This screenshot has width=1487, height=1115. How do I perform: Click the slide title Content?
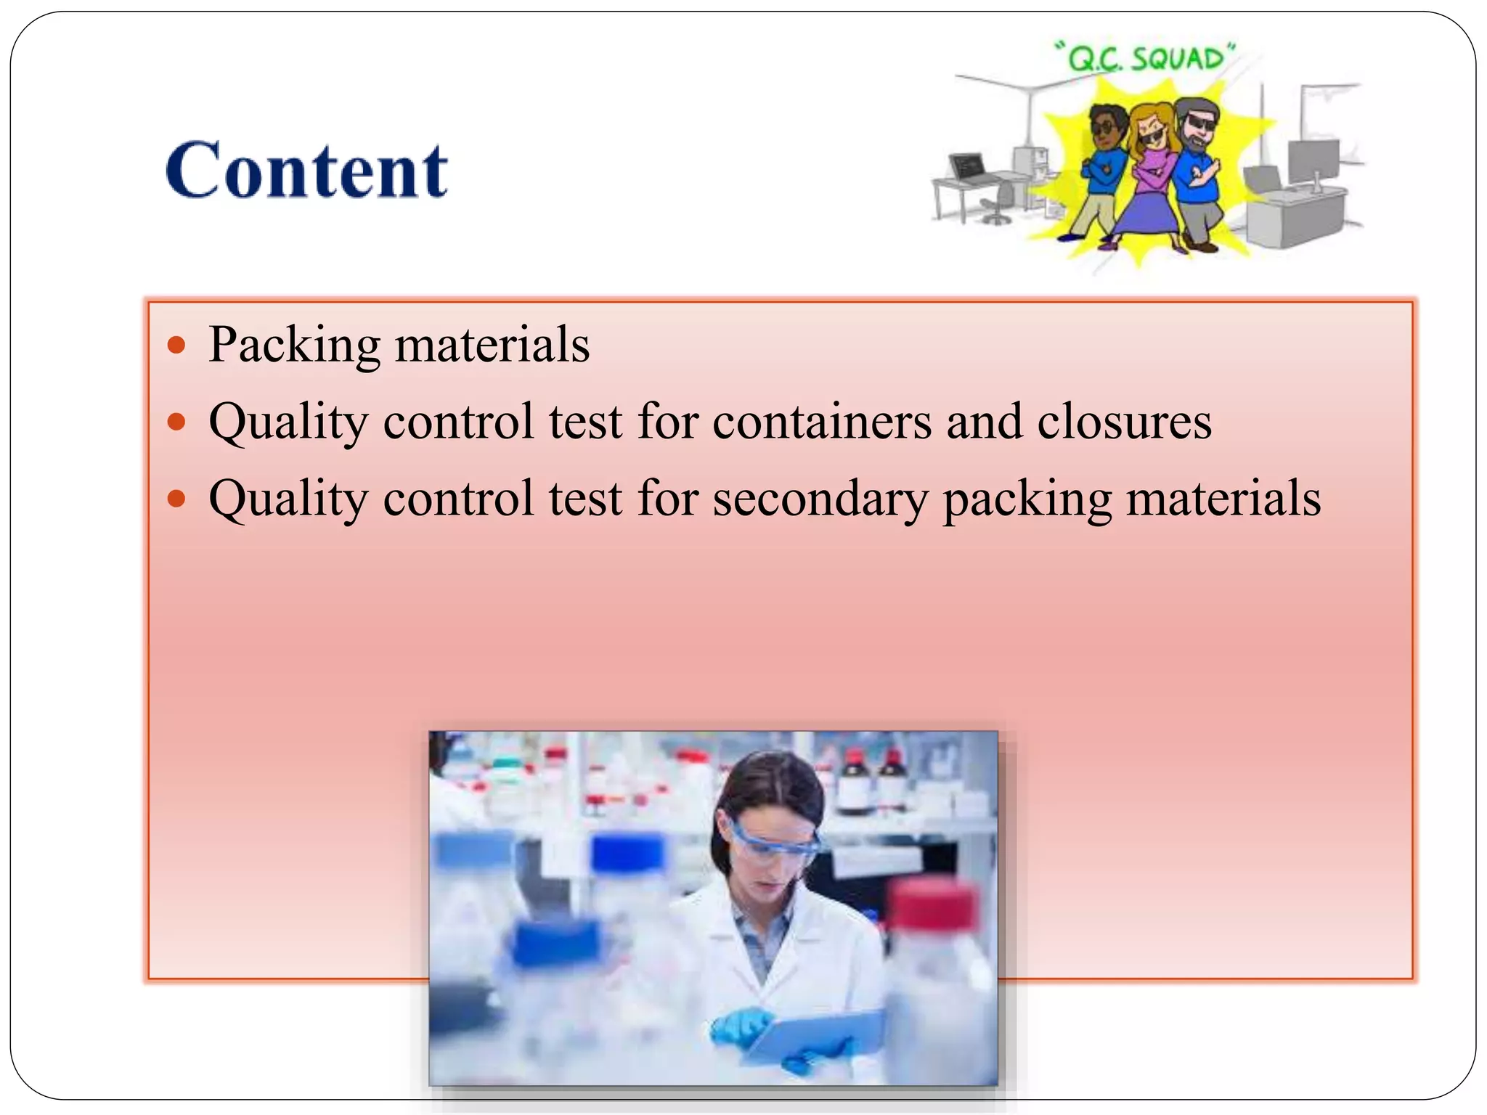(306, 170)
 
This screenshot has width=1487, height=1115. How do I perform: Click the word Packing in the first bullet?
(294, 345)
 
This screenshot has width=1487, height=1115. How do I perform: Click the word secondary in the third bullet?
(820, 499)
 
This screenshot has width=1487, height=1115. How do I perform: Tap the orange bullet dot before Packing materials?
(176, 344)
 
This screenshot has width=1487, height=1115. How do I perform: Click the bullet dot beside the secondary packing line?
(176, 499)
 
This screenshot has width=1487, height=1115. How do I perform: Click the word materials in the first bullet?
(492, 345)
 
